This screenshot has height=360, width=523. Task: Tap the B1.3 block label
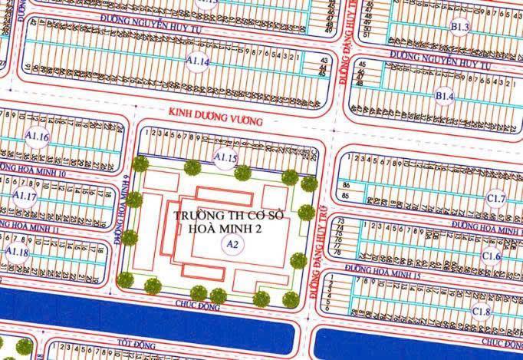tap(460, 28)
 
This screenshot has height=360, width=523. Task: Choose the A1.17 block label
tap(25, 196)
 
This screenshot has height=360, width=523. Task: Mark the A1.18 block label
tap(17, 253)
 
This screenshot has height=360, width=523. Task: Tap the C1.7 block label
tap(497, 200)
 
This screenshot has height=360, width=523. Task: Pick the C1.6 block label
tap(491, 256)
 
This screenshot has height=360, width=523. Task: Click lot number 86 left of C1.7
tap(347, 186)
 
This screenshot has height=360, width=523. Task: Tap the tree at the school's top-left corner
tap(140, 163)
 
